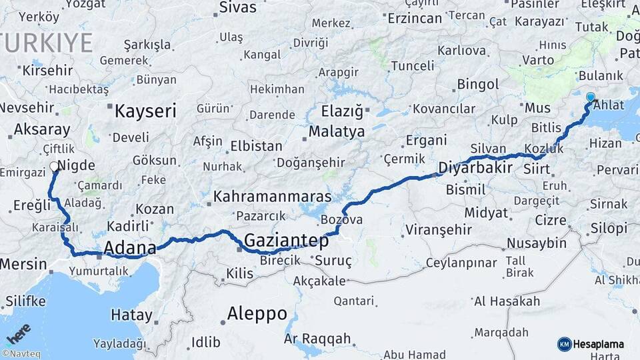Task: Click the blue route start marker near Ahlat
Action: tap(590, 97)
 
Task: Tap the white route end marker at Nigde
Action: tap(54, 167)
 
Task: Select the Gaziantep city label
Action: tap(287, 241)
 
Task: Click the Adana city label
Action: tap(131, 247)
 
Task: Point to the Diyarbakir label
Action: tap(475, 167)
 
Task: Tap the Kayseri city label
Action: tap(145, 111)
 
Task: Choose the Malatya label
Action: tap(336, 131)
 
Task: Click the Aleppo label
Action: tap(257, 313)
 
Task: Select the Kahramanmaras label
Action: tap(273, 197)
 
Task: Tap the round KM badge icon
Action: tap(565, 344)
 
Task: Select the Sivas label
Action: tap(238, 8)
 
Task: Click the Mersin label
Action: tap(23, 264)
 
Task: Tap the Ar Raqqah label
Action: tap(317, 339)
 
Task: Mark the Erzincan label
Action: tap(414, 18)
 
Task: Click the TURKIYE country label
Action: tap(47, 43)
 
